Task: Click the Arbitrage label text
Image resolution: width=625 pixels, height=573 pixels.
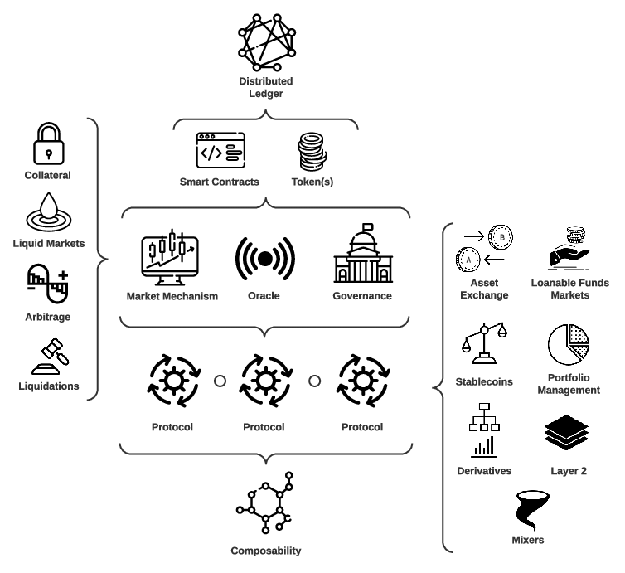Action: click(47, 316)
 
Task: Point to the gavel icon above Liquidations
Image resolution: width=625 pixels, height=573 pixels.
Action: click(47, 355)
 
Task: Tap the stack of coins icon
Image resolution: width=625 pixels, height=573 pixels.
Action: click(313, 152)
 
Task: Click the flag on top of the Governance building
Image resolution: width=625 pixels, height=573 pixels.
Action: click(367, 226)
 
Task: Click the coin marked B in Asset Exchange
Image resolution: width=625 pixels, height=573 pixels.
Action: click(501, 236)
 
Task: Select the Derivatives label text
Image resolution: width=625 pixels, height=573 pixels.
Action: click(484, 471)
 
